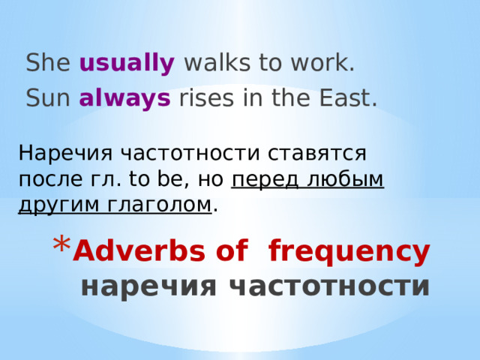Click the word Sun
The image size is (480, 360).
click(49, 98)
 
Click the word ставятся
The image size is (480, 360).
click(319, 154)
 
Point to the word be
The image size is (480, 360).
click(165, 179)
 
